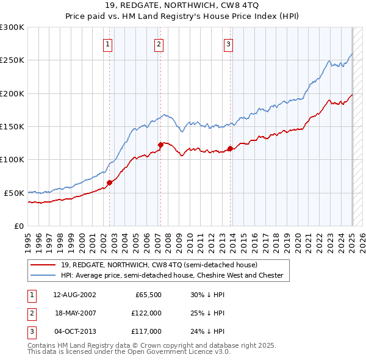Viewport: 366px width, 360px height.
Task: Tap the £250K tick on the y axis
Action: point(12,60)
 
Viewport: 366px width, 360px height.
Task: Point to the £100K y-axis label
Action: point(12,159)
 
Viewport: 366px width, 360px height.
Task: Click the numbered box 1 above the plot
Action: point(107,44)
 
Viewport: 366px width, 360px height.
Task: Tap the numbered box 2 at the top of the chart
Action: point(159,44)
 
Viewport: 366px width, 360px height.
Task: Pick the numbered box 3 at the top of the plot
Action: point(228,44)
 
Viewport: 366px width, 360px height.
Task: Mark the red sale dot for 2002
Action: point(110,182)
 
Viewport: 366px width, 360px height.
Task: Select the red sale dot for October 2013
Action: point(230,148)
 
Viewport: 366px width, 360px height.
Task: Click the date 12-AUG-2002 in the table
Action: point(75,294)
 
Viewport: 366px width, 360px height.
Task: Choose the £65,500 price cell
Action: point(147,294)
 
